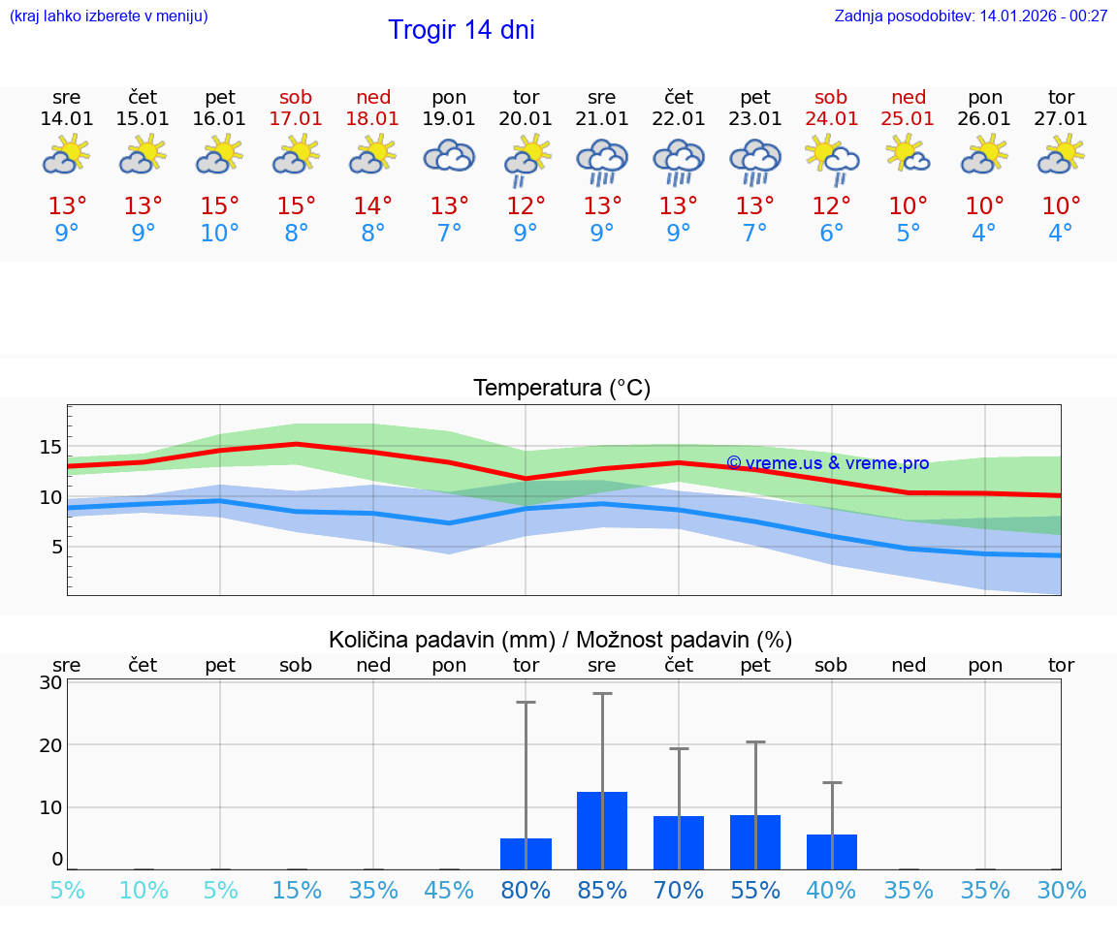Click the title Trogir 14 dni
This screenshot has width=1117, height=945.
coord(461,30)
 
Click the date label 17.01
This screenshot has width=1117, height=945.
coord(296,119)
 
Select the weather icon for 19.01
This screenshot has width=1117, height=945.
coord(449,156)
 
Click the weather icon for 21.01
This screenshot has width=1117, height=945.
coord(602,160)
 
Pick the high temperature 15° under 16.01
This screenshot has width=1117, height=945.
coord(220,206)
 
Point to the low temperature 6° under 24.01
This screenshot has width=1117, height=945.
coord(831,234)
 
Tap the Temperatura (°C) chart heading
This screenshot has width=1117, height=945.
coord(561,389)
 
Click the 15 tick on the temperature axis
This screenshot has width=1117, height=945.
coord(50,447)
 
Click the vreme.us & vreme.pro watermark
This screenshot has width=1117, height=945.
coord(827,463)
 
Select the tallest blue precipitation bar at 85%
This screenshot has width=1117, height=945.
coord(602,830)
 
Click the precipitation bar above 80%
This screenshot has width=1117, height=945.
coord(526,853)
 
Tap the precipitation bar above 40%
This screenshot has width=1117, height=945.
coord(832,851)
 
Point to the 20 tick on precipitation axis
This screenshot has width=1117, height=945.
coord(50,744)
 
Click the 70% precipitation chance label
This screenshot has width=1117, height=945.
coord(679,891)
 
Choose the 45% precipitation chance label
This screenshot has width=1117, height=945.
coord(449,891)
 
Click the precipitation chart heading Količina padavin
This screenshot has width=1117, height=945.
coord(560,640)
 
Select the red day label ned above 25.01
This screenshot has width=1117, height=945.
coord(909,98)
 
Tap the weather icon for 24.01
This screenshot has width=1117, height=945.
coord(832,158)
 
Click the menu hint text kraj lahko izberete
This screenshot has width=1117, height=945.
coord(109,16)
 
